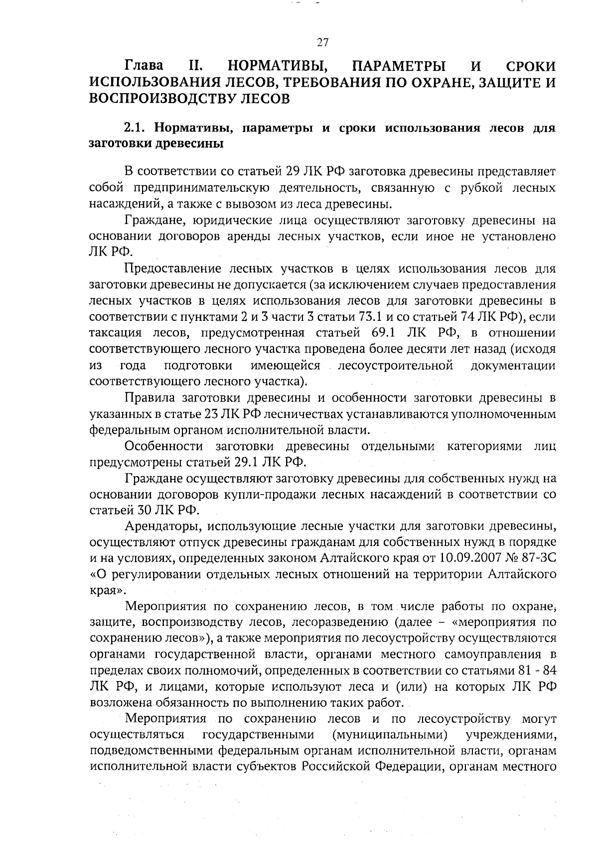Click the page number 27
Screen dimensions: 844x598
(x=322, y=43)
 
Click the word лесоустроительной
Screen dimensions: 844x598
(x=395, y=366)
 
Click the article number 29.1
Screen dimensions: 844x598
(x=245, y=462)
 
